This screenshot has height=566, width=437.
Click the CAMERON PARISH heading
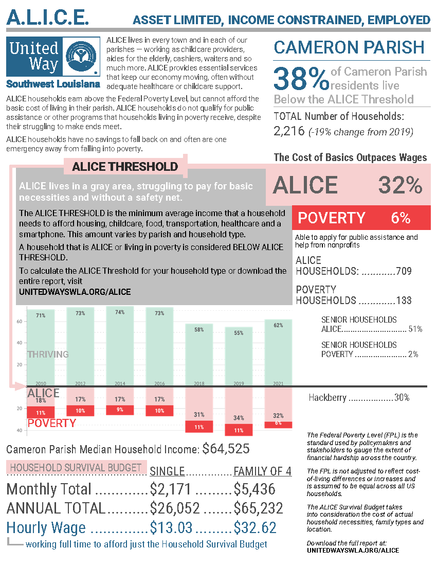coord(349,47)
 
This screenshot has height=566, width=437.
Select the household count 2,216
coord(289,131)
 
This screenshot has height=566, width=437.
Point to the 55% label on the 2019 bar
coord(239,333)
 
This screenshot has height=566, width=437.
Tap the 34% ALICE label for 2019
coord(239,417)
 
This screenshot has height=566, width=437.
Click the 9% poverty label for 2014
coord(120,410)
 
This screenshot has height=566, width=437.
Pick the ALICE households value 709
coord(404,271)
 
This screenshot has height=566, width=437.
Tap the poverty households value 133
coord(404,300)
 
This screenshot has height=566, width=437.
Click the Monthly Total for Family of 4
coord(254,489)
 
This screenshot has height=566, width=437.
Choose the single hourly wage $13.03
coord(171,527)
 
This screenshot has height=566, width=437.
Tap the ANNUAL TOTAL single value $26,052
coord(175,508)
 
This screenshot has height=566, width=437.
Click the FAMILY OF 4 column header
coord(255,472)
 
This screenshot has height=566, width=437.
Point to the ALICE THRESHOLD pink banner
coord(125,167)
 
